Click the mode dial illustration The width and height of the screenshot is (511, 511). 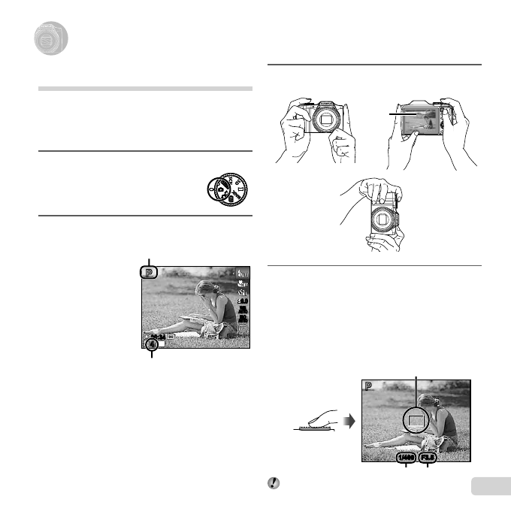pos(228,187)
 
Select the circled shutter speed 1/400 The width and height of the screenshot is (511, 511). pos(407,456)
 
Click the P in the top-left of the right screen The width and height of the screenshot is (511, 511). pos(369,386)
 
